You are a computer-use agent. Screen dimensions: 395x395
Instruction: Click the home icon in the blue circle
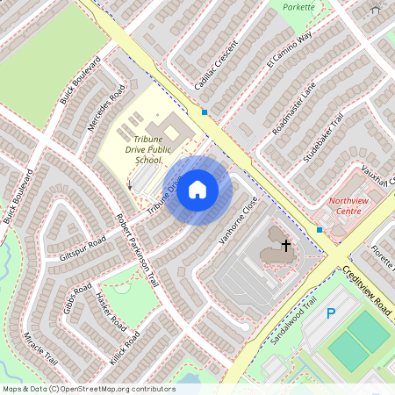[x=197, y=190]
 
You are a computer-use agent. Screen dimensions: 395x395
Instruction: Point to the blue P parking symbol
[x=331, y=313]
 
